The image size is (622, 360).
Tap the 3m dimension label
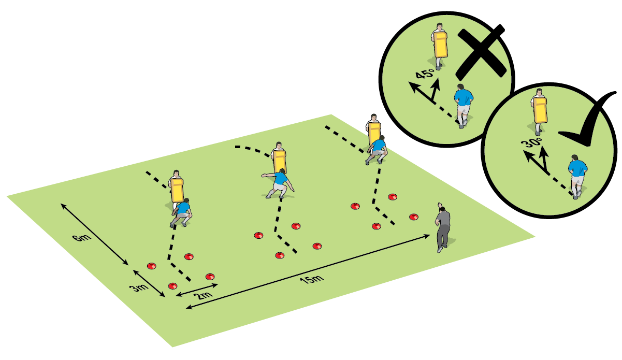[x=137, y=288]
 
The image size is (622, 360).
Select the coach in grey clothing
[x=443, y=227]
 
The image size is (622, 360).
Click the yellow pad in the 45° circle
[x=440, y=45]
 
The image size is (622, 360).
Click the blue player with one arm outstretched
[x=279, y=182]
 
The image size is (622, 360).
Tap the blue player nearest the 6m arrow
[x=182, y=212]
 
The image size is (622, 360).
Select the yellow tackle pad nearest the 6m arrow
[x=177, y=190]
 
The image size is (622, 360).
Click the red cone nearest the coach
[x=413, y=217]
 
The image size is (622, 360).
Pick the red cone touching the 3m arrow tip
[x=172, y=286]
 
